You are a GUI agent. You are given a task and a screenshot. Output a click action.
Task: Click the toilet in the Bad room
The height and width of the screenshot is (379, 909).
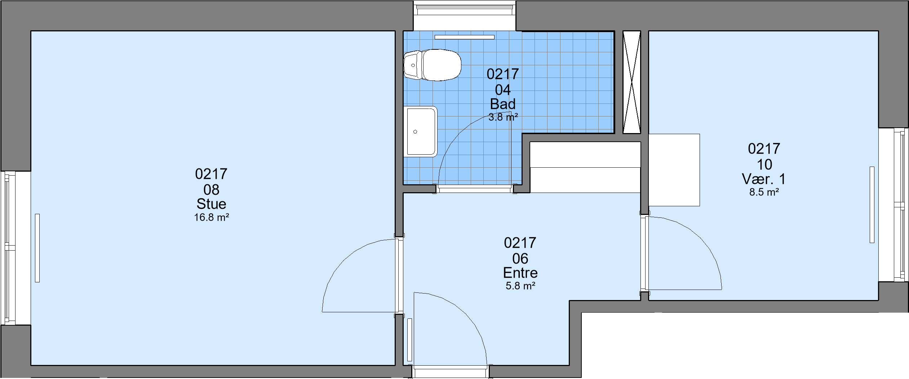coord(432,65)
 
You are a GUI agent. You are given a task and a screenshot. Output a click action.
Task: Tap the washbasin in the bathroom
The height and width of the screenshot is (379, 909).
coord(420,132)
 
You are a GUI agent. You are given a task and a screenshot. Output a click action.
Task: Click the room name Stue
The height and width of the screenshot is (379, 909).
coord(211,204)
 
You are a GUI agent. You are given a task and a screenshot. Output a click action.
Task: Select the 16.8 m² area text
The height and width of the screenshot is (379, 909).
coord(212,217)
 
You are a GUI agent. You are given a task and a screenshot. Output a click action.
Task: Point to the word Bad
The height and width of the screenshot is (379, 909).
coord(503,104)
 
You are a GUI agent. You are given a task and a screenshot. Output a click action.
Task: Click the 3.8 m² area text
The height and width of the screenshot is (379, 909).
coord(503,117)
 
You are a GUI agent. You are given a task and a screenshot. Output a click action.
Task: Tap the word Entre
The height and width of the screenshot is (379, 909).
coord(520,273)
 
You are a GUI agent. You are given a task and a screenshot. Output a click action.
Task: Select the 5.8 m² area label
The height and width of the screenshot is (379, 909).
coord(520,286)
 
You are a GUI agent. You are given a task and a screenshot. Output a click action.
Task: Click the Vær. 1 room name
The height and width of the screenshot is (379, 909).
coord(764,179)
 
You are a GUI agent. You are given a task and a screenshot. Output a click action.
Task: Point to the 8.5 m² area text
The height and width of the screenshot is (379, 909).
coord(764,192)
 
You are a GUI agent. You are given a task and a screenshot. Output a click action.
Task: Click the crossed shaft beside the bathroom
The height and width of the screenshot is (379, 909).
coord(632,82)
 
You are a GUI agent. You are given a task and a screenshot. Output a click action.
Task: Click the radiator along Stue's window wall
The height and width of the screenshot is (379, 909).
coord(37,248)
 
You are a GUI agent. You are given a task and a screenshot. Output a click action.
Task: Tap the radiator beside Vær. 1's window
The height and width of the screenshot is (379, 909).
coord(872,204)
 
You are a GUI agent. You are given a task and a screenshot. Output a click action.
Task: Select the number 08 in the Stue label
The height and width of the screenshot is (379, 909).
coord(211,190)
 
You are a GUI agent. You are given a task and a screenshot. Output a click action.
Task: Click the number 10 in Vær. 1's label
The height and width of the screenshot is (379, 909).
coord(764,165)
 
